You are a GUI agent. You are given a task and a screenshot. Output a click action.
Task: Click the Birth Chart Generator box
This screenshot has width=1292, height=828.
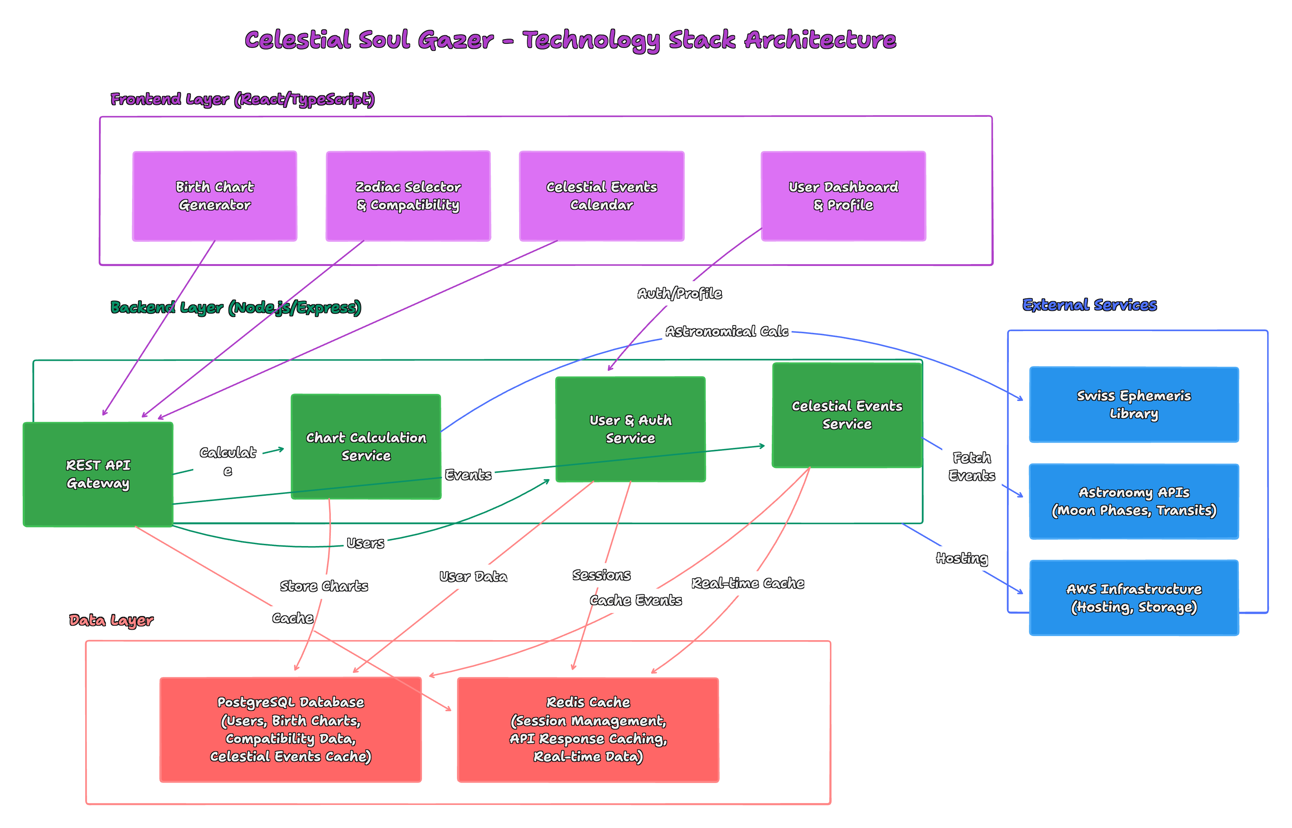point(215,196)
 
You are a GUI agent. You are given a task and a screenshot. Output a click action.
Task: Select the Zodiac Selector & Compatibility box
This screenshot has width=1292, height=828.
point(408,196)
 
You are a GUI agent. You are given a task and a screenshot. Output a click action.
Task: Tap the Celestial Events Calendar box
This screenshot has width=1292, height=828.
point(601,196)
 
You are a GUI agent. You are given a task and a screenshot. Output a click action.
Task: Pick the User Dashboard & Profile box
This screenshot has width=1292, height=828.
point(843,196)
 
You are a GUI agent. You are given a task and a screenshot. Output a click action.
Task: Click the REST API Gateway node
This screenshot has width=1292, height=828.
point(98,474)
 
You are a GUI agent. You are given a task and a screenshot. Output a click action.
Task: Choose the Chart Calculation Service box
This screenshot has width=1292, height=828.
point(366,447)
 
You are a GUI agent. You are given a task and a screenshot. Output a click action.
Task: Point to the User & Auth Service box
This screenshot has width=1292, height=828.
point(630,429)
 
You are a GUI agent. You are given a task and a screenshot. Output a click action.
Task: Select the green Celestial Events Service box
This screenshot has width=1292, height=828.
point(847,415)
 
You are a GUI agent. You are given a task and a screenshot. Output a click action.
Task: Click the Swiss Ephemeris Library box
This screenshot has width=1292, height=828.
point(1134,405)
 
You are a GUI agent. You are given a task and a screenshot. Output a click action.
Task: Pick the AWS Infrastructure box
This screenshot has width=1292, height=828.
point(1134,598)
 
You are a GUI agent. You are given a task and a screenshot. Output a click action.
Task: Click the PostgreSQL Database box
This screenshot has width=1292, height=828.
point(291,729)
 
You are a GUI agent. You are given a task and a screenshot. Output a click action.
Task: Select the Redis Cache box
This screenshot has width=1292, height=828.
point(588,729)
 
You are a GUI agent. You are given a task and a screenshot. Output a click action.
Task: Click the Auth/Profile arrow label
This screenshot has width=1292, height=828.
point(679,293)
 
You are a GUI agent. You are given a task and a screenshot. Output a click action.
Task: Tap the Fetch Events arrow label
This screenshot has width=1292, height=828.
point(972,467)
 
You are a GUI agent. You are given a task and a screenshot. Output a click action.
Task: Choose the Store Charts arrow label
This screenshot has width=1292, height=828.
point(324,586)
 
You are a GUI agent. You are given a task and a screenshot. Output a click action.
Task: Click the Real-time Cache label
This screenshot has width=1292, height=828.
point(748,583)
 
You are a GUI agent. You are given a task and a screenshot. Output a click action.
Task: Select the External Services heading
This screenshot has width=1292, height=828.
point(1089,305)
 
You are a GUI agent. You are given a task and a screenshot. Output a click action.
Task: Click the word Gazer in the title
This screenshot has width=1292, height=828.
point(455,40)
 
